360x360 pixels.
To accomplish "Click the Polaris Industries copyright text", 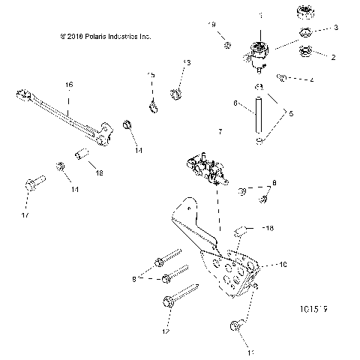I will click(97, 34).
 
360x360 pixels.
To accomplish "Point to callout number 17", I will click(27, 216).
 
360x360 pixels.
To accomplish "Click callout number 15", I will click(151, 75).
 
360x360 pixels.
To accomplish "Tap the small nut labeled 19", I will click(227, 46).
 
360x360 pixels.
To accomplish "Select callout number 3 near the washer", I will click(335, 27).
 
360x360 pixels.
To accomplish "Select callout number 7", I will click(220, 131).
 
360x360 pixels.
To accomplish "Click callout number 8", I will click(274, 182).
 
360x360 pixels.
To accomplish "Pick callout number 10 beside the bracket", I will click(283, 265).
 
